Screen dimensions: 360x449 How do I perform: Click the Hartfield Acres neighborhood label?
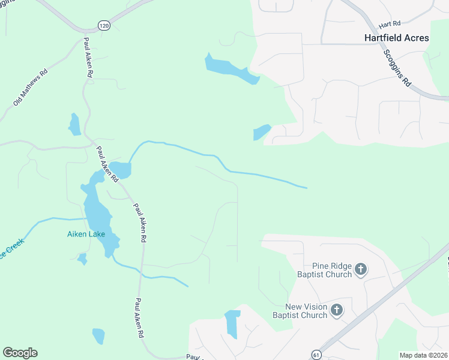tap(397, 38)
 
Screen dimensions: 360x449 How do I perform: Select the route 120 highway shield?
tap(104, 25)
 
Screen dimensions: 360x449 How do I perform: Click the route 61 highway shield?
tap(316, 355)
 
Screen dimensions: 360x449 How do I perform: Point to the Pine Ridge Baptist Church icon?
tap(360, 269)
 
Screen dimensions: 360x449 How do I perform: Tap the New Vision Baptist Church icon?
tap(337, 310)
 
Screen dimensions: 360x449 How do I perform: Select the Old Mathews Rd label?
tap(30, 88)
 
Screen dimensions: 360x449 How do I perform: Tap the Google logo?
tap(20, 353)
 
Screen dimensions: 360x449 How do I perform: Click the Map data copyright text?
tap(423, 355)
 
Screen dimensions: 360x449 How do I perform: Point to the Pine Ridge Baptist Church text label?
tap(324, 270)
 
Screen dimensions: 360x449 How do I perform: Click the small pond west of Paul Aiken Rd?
tap(75, 125)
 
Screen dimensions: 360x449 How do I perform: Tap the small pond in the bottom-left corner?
tap(98, 335)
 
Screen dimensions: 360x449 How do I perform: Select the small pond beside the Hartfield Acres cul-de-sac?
tap(262, 132)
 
